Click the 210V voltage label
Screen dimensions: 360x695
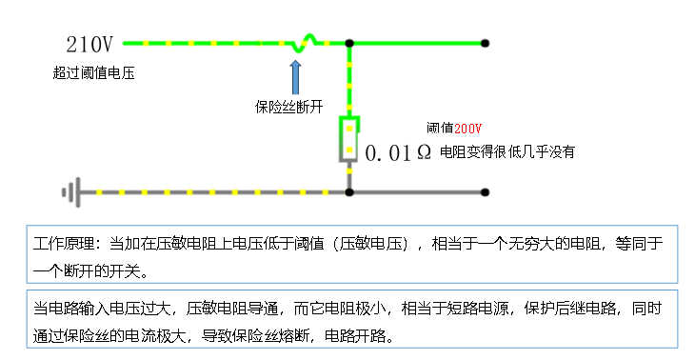[89, 44]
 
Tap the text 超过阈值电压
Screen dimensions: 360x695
[94, 72]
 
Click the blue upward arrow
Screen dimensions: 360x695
[295, 76]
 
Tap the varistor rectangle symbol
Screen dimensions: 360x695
[349, 138]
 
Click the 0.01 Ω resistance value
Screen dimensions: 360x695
[399, 152]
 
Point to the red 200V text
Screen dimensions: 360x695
[467, 128]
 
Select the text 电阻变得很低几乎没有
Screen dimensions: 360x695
[508, 152]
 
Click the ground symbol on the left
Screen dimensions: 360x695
[69, 192]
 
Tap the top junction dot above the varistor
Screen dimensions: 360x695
[349, 44]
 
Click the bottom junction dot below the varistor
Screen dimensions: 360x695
[349, 192]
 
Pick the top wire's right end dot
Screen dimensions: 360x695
[486, 44]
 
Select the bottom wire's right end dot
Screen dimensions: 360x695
[486, 192]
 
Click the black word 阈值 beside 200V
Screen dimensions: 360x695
[439, 128]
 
